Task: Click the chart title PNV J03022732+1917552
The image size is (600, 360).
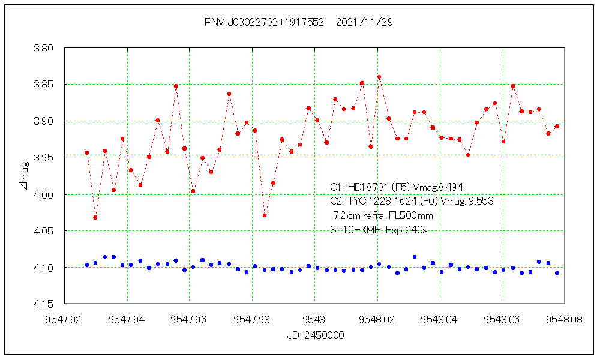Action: coord(264,22)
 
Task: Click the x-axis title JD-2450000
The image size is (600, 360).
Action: coord(315,336)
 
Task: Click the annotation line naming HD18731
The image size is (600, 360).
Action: coord(397,187)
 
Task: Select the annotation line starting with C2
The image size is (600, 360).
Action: coord(412,202)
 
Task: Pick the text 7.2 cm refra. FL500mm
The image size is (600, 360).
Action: coord(383,215)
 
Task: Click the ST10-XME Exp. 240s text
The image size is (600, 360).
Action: coord(379,230)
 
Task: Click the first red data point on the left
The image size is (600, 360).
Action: coord(87,153)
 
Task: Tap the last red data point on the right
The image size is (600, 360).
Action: coord(557,127)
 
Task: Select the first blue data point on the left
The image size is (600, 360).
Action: coord(87,265)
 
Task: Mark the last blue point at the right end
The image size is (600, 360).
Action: coord(557,273)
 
